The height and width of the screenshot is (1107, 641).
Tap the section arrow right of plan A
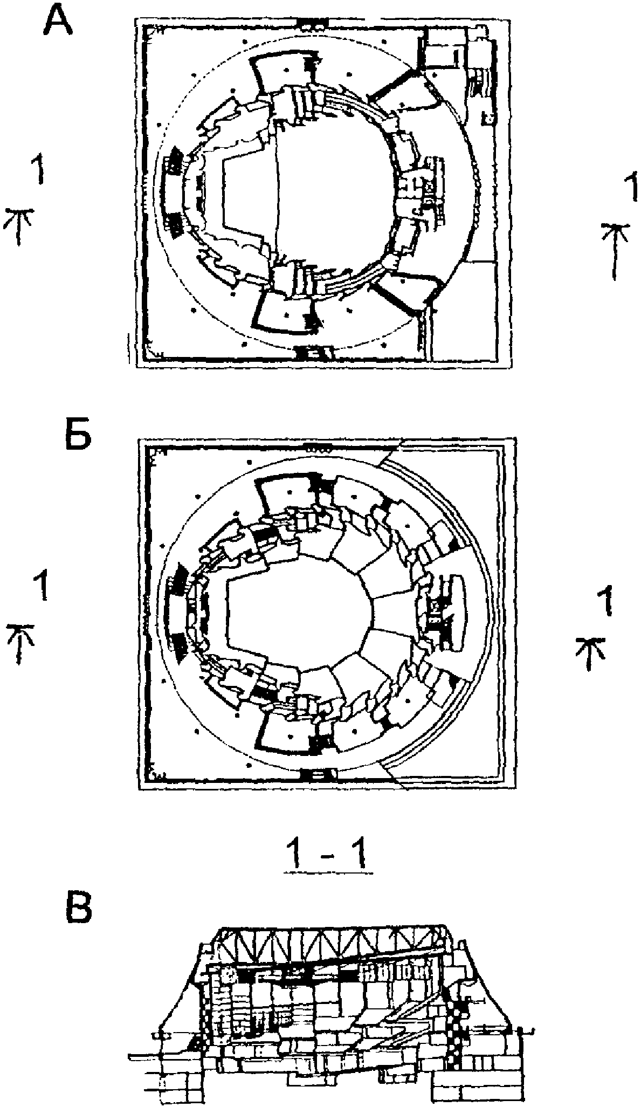click(615, 251)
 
